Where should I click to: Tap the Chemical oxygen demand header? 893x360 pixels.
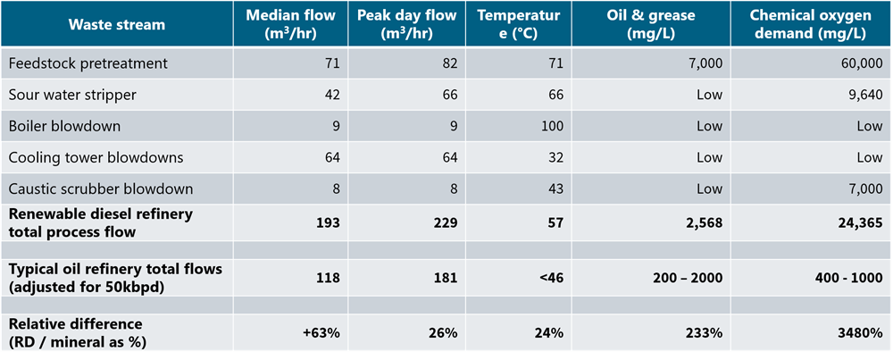pos(808,25)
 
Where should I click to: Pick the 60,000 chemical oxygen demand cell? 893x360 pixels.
pos(861,65)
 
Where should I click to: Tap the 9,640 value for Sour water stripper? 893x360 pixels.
pos(864,96)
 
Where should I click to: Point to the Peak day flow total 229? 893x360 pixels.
pos(445,222)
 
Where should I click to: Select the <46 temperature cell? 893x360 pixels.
pos(550,277)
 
